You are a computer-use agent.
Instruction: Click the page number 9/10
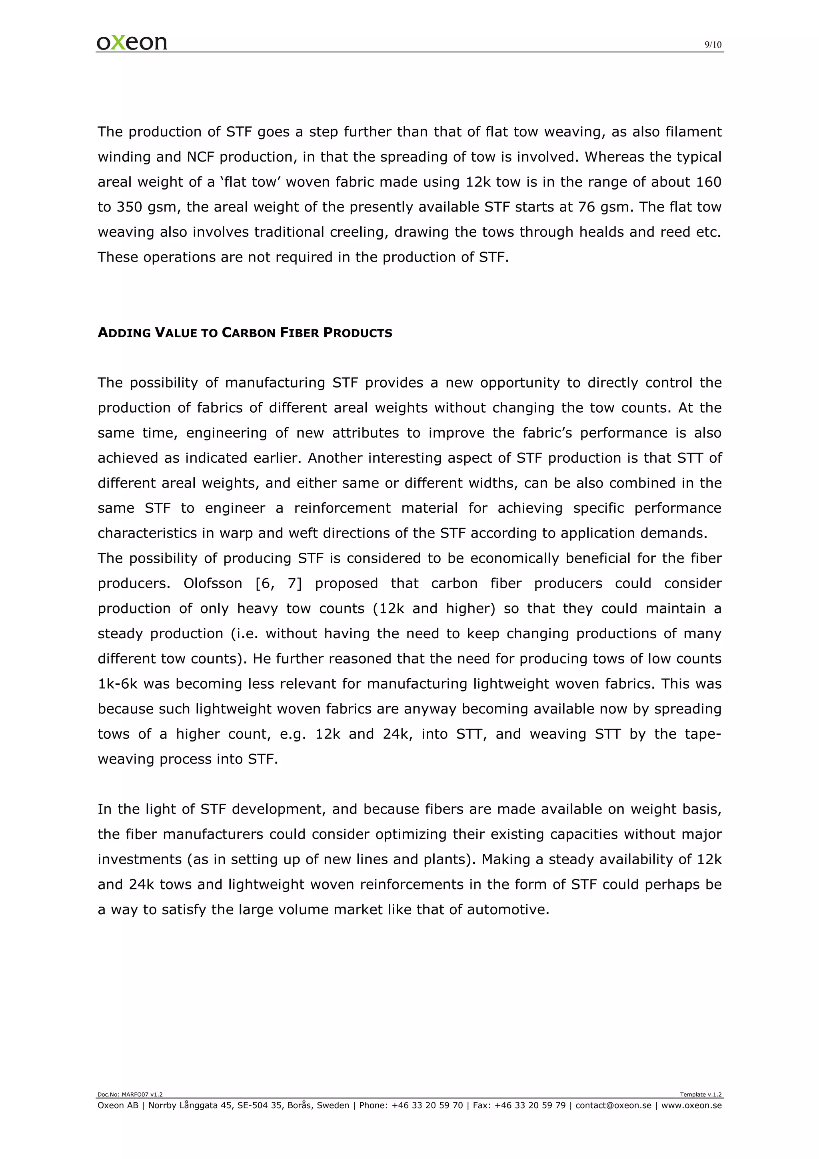(x=713, y=45)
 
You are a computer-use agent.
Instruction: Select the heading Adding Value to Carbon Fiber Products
(x=245, y=333)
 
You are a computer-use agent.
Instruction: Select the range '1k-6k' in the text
(x=118, y=684)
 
